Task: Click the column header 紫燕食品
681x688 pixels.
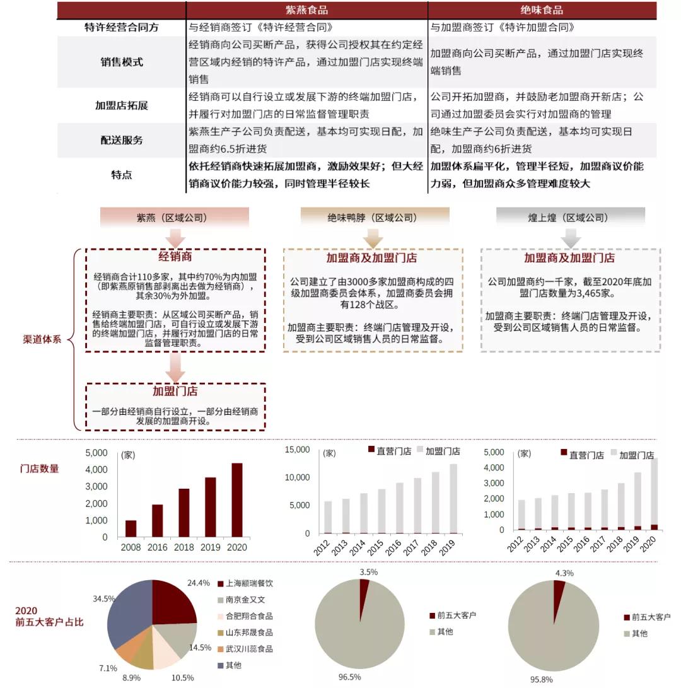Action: pos(306,10)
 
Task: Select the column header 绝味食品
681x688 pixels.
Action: pos(542,10)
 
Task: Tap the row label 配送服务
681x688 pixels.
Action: pos(122,140)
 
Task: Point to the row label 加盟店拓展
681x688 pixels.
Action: pos(122,105)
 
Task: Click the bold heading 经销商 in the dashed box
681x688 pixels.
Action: pos(175,257)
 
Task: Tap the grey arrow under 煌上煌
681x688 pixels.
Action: pos(570,238)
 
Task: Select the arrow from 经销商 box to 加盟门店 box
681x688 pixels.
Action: pos(175,367)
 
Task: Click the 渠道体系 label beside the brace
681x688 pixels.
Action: pos(42,339)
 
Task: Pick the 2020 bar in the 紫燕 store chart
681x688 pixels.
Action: pos(237,499)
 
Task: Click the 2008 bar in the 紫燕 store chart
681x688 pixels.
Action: pos(131,528)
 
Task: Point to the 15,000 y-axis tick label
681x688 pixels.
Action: pos(297,450)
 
